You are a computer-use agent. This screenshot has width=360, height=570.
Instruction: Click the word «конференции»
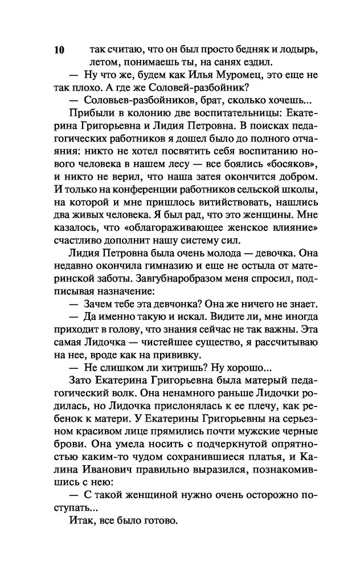coord(129,188)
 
